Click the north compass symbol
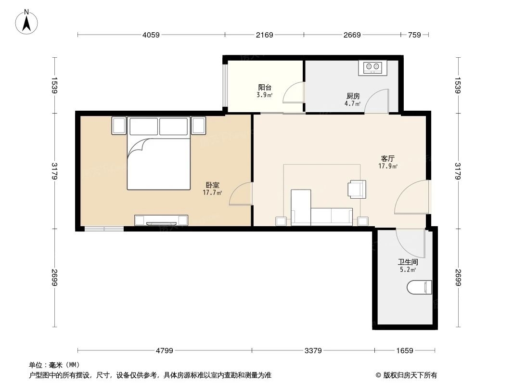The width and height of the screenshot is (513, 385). [x=27, y=22]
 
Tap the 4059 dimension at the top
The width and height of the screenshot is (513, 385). [x=151, y=35]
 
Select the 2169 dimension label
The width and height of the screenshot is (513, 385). [x=264, y=35]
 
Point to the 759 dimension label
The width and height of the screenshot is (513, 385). [x=414, y=35]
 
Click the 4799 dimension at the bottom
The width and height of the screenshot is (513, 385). [x=165, y=350]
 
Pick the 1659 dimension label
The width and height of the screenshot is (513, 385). [x=405, y=350]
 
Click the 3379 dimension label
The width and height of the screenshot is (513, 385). [x=313, y=350]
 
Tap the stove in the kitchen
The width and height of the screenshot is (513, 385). [x=372, y=67]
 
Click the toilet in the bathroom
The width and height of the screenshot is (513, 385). [x=420, y=287]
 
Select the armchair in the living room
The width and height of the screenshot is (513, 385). [x=357, y=189]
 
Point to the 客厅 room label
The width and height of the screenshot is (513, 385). [x=388, y=159]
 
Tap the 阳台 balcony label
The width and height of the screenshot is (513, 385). [x=265, y=88]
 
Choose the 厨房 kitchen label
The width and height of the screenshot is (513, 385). [x=352, y=96]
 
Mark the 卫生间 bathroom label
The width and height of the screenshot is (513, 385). [x=407, y=263]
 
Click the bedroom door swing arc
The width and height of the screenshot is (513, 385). [x=241, y=194]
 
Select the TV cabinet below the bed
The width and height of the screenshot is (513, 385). [x=161, y=220]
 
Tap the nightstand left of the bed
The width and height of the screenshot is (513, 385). [x=119, y=126]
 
